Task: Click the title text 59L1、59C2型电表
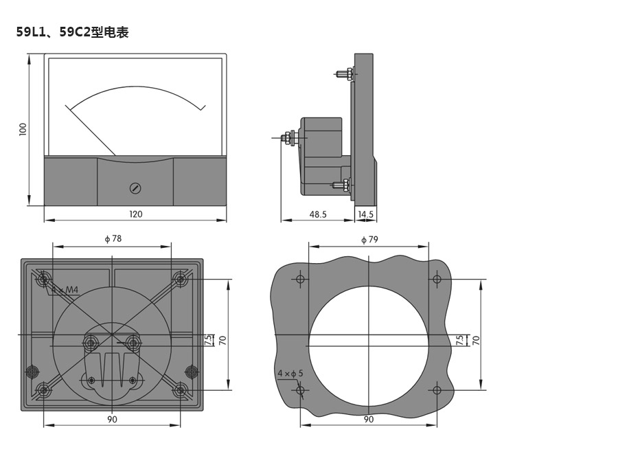pos(73,32)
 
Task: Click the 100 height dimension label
pos(23,129)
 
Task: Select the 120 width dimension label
pos(136,214)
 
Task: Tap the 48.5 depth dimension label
pos(318,214)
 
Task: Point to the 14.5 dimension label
pos(366,214)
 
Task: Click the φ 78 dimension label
pos(113,239)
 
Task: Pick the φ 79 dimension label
pos(369,240)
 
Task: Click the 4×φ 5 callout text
pos(290,373)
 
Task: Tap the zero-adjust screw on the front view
pos(135,188)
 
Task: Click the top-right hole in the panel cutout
pos(437,279)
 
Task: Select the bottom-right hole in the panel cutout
pos(437,390)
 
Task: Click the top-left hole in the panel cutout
pos(300,279)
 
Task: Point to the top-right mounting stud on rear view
pos(181,279)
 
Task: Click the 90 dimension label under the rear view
pos(112,419)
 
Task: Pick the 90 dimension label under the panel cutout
pos(369,419)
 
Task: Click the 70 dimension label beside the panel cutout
pos(476,339)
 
